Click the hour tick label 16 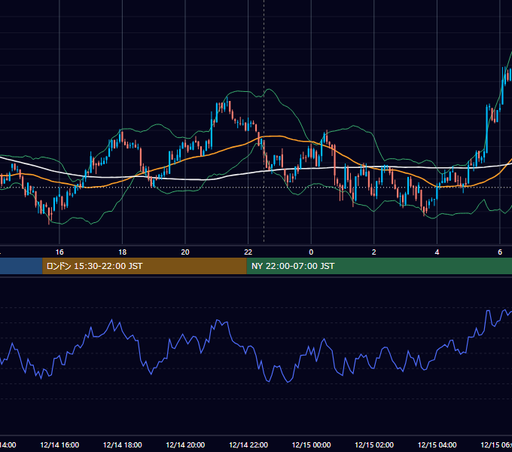59,252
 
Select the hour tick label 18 123,252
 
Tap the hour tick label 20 185,252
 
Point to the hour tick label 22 248,252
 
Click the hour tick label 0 311,252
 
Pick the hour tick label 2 374,252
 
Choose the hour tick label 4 437,252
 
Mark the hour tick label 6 500,252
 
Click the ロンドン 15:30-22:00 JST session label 94,266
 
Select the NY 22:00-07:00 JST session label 293,266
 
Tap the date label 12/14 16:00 59,445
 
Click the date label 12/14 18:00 123,445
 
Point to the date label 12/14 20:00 185,445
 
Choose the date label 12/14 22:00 248,445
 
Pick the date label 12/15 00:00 311,445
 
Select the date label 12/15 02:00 374,445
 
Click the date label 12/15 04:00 437,445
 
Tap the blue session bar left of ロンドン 21,266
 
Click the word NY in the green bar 257,266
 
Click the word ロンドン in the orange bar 59,266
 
